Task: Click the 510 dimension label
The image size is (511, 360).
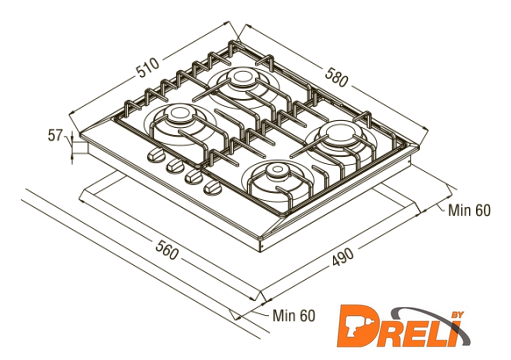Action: point(148,68)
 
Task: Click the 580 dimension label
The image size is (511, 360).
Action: point(337,77)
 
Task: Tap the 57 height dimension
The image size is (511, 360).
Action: point(55,136)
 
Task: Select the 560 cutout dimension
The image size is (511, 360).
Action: point(167,249)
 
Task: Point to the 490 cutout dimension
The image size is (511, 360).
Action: point(343,257)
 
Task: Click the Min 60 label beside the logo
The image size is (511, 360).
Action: point(294,315)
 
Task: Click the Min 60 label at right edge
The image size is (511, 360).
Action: point(469,210)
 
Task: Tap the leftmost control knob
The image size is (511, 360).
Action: point(155,155)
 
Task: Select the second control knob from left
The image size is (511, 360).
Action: point(175,165)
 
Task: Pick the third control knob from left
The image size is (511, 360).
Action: point(194,176)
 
